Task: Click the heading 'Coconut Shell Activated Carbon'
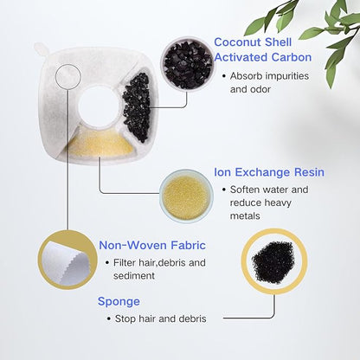pyautogui.click(x=263, y=49)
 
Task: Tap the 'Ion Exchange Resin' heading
pyautogui.click(x=269, y=172)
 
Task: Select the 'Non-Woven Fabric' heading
pyautogui.click(x=152, y=245)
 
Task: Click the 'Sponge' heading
pyautogui.click(x=119, y=302)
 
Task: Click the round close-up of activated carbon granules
pyautogui.click(x=188, y=65)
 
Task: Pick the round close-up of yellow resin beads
pyautogui.click(x=186, y=196)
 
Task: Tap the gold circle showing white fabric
pyautogui.click(x=67, y=260)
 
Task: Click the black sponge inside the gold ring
pyautogui.click(x=273, y=262)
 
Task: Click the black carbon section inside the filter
pyautogui.click(x=138, y=107)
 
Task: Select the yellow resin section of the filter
pyautogui.click(x=100, y=144)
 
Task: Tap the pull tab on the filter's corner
pyautogui.click(x=42, y=49)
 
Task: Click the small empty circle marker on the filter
pyautogui.click(x=68, y=76)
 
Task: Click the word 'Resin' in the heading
pyautogui.click(x=309, y=172)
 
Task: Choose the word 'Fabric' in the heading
pyautogui.click(x=189, y=245)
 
